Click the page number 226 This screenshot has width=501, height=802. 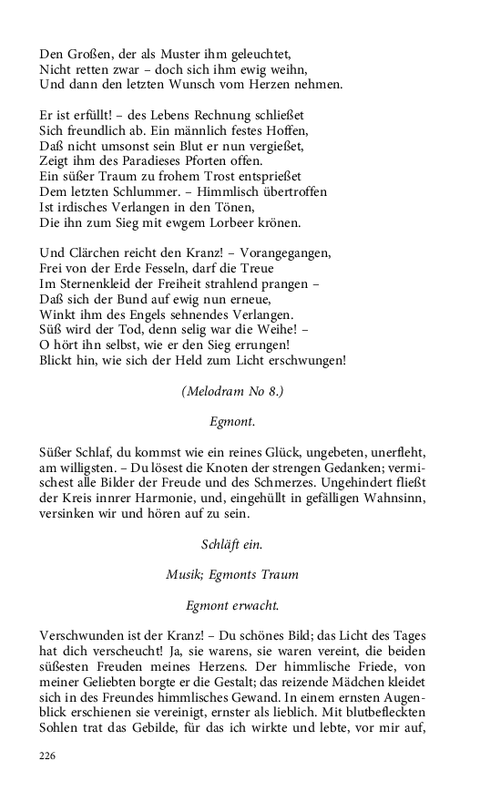click(x=48, y=756)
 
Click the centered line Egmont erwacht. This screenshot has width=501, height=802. click(x=232, y=605)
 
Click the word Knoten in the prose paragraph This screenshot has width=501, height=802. click(x=238, y=468)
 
